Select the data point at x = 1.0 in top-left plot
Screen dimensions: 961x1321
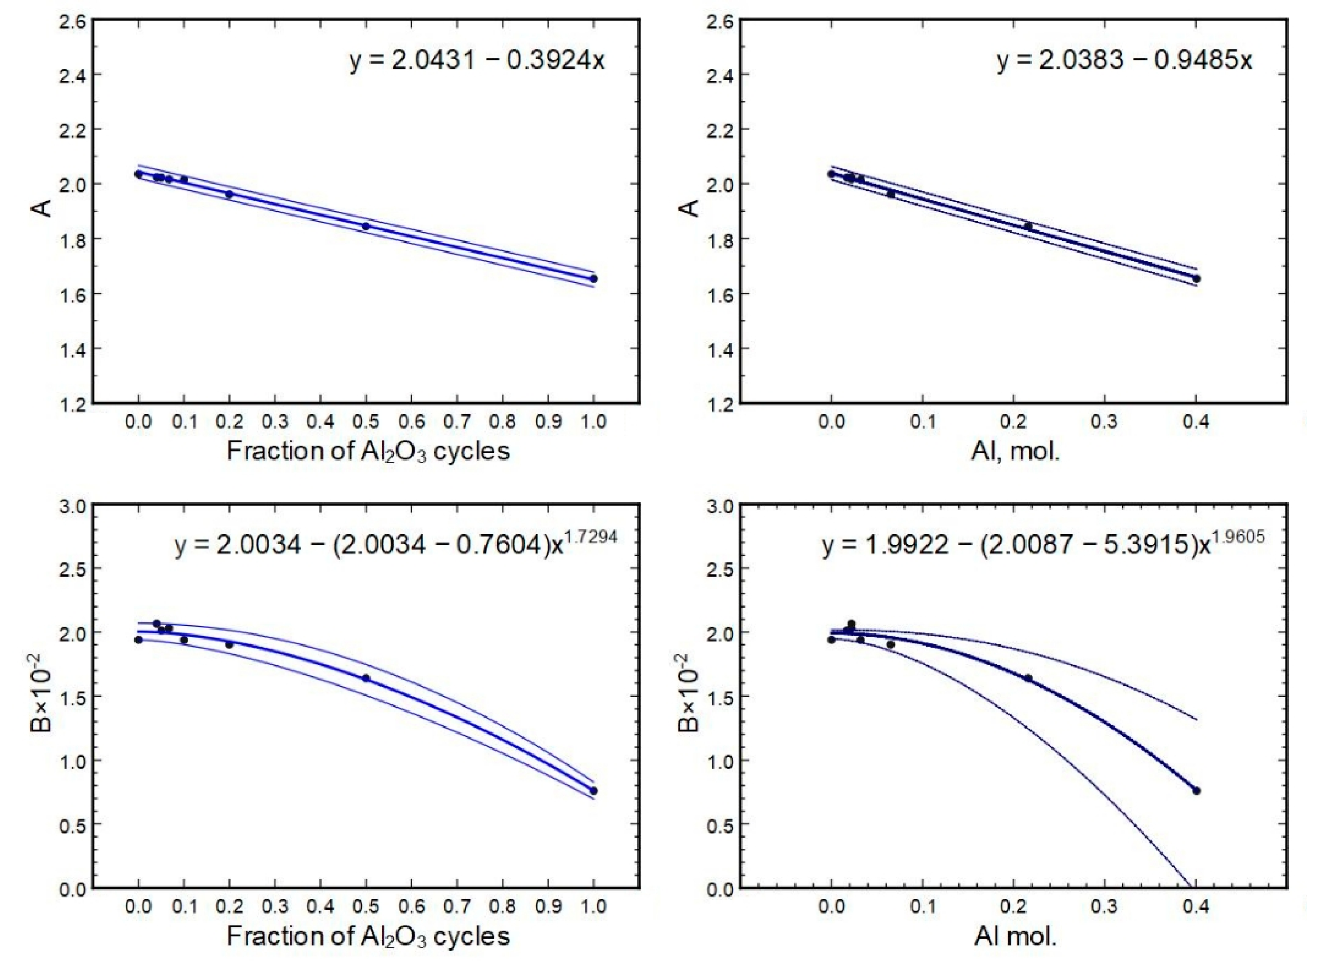point(594,279)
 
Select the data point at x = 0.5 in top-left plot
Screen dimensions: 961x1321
point(366,226)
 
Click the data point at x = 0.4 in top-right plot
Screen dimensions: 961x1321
point(1196,279)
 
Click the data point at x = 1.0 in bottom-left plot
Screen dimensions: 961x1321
point(594,790)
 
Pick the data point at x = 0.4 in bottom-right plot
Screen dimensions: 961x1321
point(1196,790)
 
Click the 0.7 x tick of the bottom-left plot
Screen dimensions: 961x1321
point(457,906)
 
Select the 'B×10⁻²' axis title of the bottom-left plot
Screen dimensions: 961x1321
point(42,697)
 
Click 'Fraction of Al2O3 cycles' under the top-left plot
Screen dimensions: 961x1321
point(368,451)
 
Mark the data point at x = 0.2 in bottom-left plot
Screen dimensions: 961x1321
point(230,644)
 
